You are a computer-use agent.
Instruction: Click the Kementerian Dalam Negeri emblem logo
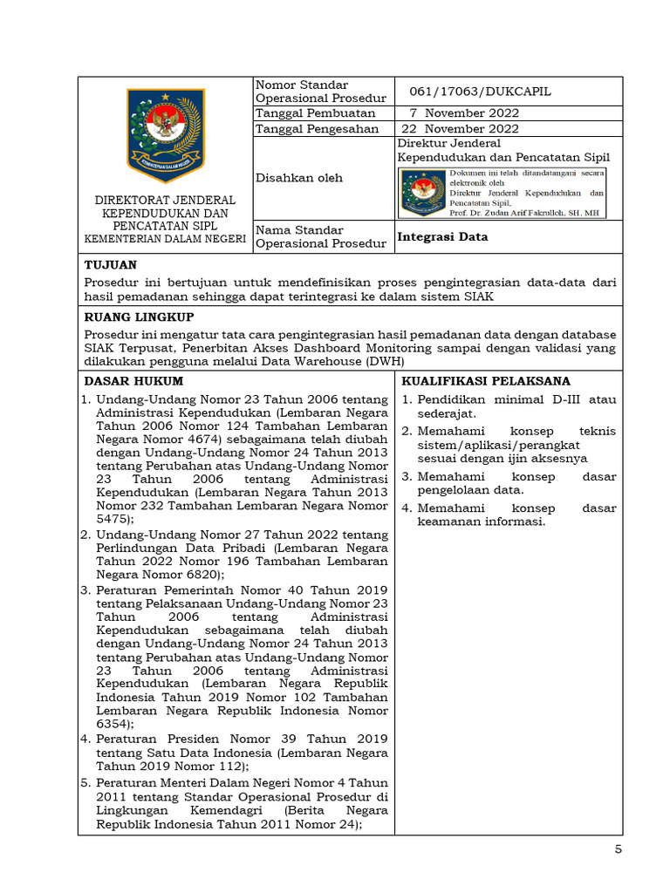click(x=163, y=128)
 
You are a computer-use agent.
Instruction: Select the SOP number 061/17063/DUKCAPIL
click(x=480, y=92)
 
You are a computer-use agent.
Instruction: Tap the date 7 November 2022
click(x=464, y=113)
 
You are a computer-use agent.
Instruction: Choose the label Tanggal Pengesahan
click(x=317, y=129)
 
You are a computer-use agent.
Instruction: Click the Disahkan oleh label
click(x=298, y=178)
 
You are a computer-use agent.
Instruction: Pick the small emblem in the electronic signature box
click(x=422, y=193)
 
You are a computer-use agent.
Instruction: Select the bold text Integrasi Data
click(x=442, y=236)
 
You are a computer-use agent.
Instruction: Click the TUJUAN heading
click(x=110, y=264)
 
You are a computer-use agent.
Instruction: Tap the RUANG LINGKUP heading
click(x=139, y=317)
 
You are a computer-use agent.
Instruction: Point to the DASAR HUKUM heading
click(x=133, y=381)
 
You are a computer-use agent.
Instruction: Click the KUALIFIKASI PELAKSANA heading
click(x=486, y=381)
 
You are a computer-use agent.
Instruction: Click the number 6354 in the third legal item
click(x=113, y=724)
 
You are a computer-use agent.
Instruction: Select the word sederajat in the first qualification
click(x=446, y=413)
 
